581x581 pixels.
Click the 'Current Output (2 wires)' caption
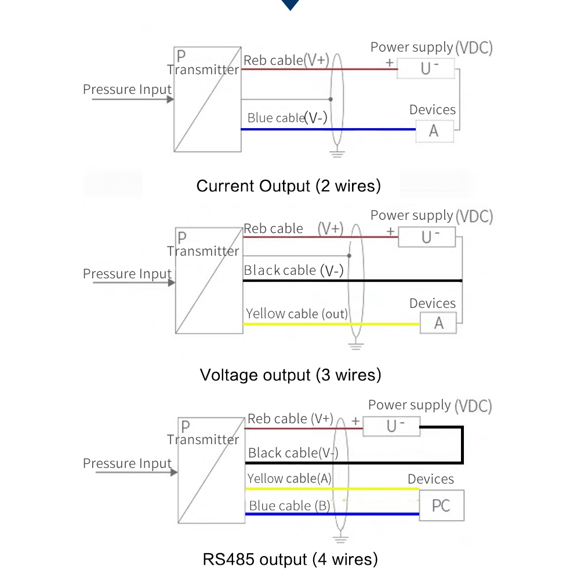pos(289,186)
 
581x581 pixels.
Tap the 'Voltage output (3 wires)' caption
pos(290,375)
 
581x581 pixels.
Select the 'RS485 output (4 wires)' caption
pos(290,560)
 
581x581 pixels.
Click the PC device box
pos(441,506)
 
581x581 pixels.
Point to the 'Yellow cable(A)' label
pos(289,479)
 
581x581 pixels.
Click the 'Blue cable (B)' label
pos(289,506)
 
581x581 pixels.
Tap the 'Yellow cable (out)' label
pos(296,314)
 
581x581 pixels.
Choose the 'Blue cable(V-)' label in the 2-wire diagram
pos(287,118)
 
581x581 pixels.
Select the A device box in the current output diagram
pos(434,131)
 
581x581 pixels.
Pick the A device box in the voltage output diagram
pos(438,323)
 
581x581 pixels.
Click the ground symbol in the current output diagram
pos(337,154)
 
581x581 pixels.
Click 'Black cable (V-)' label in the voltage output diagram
pos(293,270)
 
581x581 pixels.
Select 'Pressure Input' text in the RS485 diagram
pos(128,463)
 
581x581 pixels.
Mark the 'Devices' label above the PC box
pos(431,479)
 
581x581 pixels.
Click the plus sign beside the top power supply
pos(390,62)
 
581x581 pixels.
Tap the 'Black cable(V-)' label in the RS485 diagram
pos(293,453)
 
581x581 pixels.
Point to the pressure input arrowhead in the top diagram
pos(170,99)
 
